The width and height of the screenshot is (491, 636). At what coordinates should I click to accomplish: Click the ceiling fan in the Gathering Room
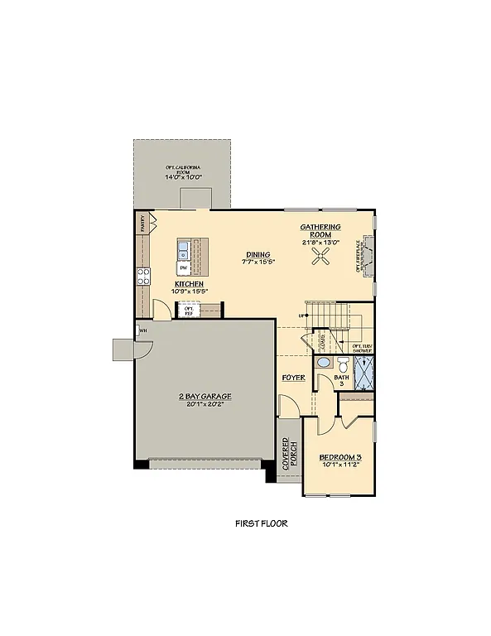tap(321, 258)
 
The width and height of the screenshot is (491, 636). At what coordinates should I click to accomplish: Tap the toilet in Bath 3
tap(342, 365)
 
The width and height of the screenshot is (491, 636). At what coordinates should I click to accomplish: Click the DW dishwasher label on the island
tap(183, 268)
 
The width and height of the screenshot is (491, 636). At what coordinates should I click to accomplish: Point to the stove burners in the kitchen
tap(143, 276)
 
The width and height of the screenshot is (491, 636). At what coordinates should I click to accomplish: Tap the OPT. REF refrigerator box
tap(188, 311)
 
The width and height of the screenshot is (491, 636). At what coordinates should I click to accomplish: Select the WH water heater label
tap(143, 330)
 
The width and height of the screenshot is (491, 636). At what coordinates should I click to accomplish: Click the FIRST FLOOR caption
tap(261, 523)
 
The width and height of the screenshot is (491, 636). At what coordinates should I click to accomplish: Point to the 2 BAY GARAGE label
tap(205, 397)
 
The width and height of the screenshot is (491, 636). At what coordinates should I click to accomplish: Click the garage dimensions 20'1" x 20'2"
tap(205, 406)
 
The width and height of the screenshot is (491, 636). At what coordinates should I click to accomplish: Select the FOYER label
tap(293, 378)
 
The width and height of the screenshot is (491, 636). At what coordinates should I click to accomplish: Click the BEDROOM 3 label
tap(339, 457)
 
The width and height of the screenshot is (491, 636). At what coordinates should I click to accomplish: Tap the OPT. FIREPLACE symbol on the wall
tap(369, 258)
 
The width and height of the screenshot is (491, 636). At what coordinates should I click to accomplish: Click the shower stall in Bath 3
tap(363, 373)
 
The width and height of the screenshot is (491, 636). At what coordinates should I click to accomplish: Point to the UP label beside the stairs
tap(302, 316)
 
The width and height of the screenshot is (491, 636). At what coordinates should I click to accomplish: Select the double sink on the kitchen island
tap(183, 248)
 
